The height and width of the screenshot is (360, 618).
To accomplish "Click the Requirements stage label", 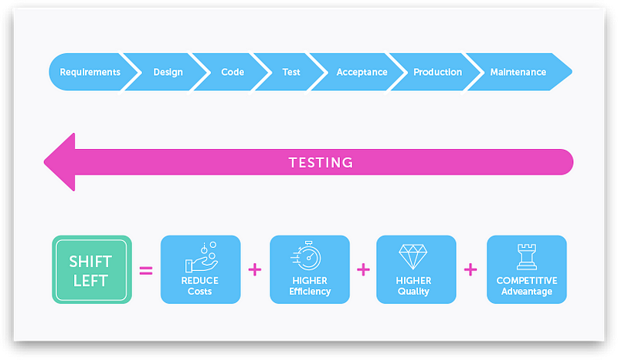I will pyautogui.click(x=90, y=73).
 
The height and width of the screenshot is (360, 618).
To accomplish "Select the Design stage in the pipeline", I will pyautogui.click(x=168, y=73).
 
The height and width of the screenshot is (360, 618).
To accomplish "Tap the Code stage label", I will pyautogui.click(x=233, y=73).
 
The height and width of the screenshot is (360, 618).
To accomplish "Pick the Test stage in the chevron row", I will pyautogui.click(x=291, y=73).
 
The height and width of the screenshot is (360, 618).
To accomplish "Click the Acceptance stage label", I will pyautogui.click(x=362, y=73).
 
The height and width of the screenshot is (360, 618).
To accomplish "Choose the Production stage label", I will pyautogui.click(x=437, y=73).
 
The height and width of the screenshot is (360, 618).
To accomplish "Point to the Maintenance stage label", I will pyautogui.click(x=518, y=73).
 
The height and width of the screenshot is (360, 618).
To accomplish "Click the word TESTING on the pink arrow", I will pyautogui.click(x=321, y=163).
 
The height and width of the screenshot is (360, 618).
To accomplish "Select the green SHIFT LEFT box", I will pyautogui.click(x=92, y=270).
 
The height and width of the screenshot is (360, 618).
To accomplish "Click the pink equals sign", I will pyautogui.click(x=145, y=270).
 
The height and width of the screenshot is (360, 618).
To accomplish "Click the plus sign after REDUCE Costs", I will pyautogui.click(x=255, y=270).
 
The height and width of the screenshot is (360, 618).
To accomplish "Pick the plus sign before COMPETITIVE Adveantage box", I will pyautogui.click(x=470, y=270).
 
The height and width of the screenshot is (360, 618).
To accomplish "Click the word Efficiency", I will pyautogui.click(x=310, y=291).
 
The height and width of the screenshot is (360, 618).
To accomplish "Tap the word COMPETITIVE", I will pyautogui.click(x=527, y=280).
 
